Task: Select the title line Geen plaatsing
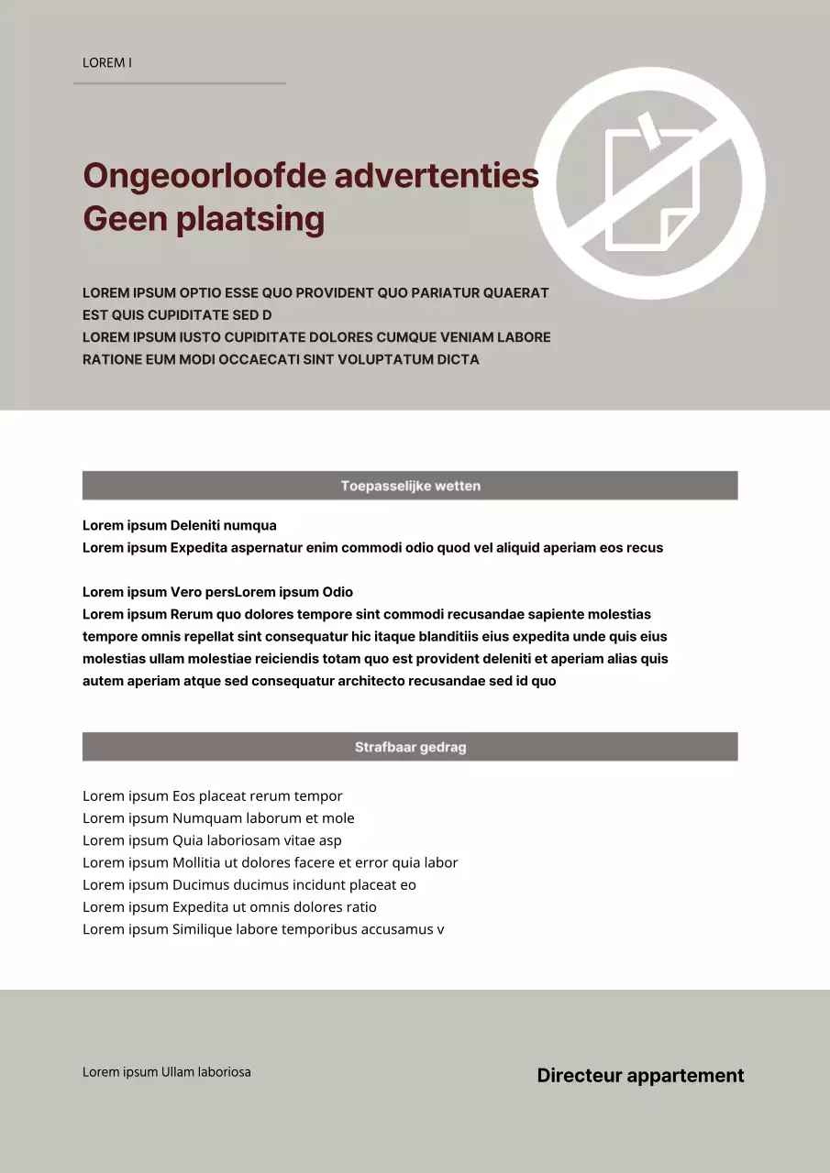(204, 220)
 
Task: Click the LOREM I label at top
(107, 63)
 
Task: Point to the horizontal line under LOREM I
(180, 83)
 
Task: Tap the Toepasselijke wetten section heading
(410, 486)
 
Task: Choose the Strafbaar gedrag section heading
(410, 747)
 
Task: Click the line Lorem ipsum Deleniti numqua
(179, 526)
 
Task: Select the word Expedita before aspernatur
(200, 548)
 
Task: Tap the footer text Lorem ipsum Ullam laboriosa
(166, 1072)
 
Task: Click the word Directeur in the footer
(580, 1076)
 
